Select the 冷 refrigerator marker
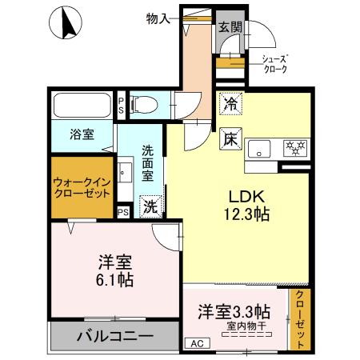tap(230, 103)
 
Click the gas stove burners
tap(293, 147)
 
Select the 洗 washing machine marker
tap(150, 206)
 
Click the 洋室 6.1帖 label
tap(115, 270)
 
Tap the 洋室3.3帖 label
tap(234, 311)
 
